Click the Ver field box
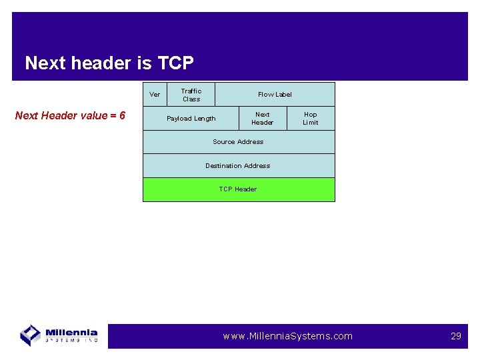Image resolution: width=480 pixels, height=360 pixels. [155, 95]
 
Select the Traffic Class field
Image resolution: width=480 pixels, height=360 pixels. [191, 95]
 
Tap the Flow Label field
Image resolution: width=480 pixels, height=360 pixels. [275, 95]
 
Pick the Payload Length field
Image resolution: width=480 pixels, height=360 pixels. [191, 119]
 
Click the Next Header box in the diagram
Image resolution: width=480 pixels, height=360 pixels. [263, 119]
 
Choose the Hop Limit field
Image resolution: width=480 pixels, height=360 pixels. [311, 119]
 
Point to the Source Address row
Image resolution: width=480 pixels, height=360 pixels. [239, 142]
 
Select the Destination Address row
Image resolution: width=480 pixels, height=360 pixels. [239, 166]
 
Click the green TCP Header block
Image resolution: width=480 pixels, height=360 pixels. [239, 189]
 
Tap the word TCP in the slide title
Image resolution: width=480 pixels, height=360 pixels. [175, 63]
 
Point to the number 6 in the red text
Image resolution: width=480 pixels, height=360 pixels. [122, 116]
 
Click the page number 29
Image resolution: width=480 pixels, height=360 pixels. [456, 336]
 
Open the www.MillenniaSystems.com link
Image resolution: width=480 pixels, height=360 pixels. [287, 336]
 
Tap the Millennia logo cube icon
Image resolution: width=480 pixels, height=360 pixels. [31, 335]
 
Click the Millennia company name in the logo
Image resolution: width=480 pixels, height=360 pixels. [71, 333]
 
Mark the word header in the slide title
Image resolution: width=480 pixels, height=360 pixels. [103, 63]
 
